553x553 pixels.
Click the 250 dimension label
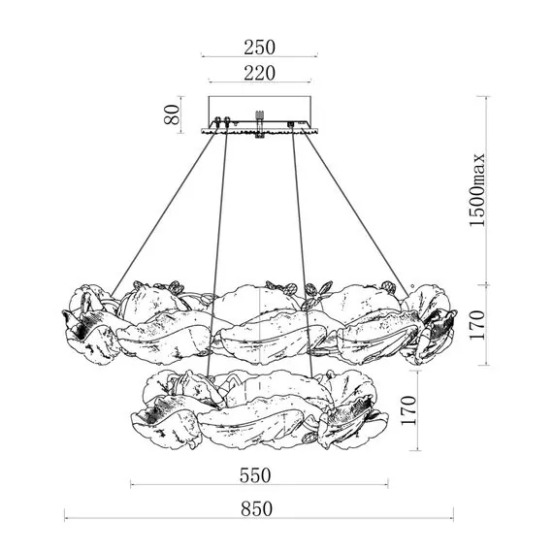259,48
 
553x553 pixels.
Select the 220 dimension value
259,74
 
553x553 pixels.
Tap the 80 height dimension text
172,114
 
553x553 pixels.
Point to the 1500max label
477,190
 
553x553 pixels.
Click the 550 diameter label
255,475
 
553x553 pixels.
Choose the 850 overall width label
257,509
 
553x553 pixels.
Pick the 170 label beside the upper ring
477,325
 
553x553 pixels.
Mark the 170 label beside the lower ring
408,410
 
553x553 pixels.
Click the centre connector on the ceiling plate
260,124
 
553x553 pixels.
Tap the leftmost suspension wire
163,214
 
